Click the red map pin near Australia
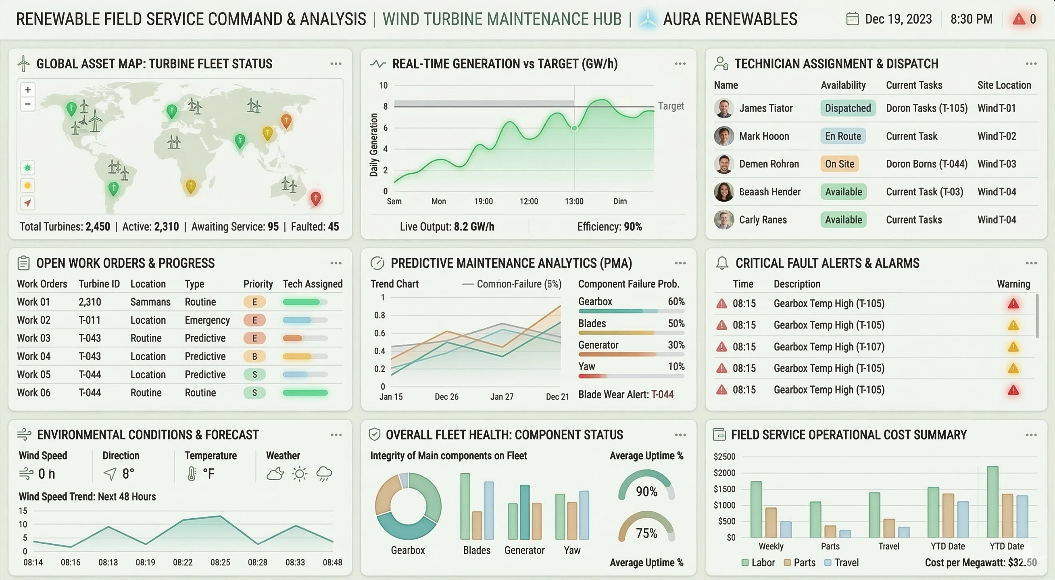click(x=315, y=198)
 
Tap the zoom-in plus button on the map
click(x=28, y=89)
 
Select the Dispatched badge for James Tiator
click(x=848, y=108)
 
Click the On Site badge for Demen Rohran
click(x=839, y=164)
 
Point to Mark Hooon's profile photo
click(x=723, y=136)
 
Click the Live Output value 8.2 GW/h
click(x=473, y=227)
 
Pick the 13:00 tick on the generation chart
click(x=574, y=201)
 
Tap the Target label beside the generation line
click(x=671, y=106)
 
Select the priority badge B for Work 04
click(x=254, y=356)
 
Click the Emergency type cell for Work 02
click(x=207, y=320)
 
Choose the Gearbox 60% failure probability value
click(x=676, y=302)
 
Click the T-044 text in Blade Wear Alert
click(x=662, y=395)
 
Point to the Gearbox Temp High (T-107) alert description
click(x=829, y=347)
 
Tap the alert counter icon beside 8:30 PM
click(x=1019, y=19)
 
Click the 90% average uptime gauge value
click(x=646, y=492)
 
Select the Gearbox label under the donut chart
click(x=407, y=550)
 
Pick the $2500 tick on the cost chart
click(x=724, y=456)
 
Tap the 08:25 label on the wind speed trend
click(x=220, y=562)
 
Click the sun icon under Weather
click(x=299, y=474)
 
